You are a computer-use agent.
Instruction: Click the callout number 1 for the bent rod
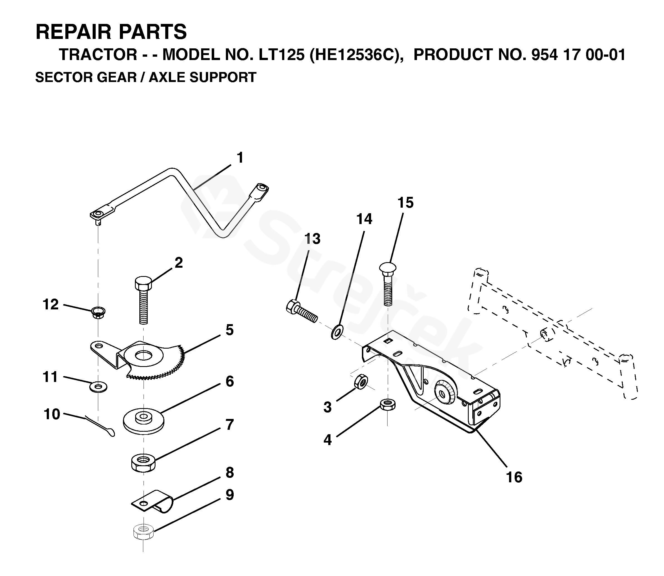coord(240,158)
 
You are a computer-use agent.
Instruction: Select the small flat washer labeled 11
coord(98,387)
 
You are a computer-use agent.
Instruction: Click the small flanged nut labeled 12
coord(98,312)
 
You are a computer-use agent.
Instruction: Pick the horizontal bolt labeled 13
coord(301,309)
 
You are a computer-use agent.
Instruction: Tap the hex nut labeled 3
coord(361,382)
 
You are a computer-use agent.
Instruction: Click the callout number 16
coord(514,477)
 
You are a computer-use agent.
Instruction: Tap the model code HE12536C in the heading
coord(354,55)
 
